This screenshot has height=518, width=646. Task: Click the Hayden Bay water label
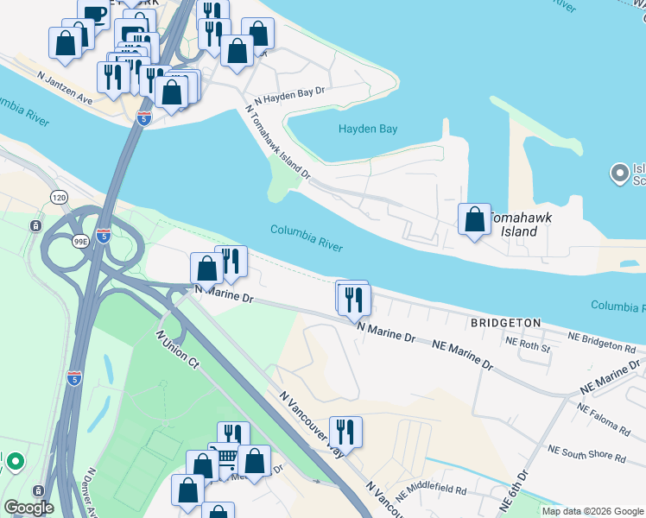coord(367,129)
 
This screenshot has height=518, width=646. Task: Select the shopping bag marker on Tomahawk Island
coord(474,219)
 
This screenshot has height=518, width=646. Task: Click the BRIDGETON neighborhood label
coord(505,323)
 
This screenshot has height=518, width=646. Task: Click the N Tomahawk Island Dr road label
coord(278,143)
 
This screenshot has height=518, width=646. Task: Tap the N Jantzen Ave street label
coord(64,78)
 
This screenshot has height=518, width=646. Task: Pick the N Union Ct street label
coord(178,350)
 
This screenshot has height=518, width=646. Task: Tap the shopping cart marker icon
coord(225,458)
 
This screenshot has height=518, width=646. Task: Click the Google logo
coord(28,508)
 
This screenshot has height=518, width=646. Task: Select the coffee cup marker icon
coord(93,15)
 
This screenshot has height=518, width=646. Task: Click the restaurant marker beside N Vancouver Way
coord(345,431)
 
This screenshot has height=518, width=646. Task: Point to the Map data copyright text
coord(592,511)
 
